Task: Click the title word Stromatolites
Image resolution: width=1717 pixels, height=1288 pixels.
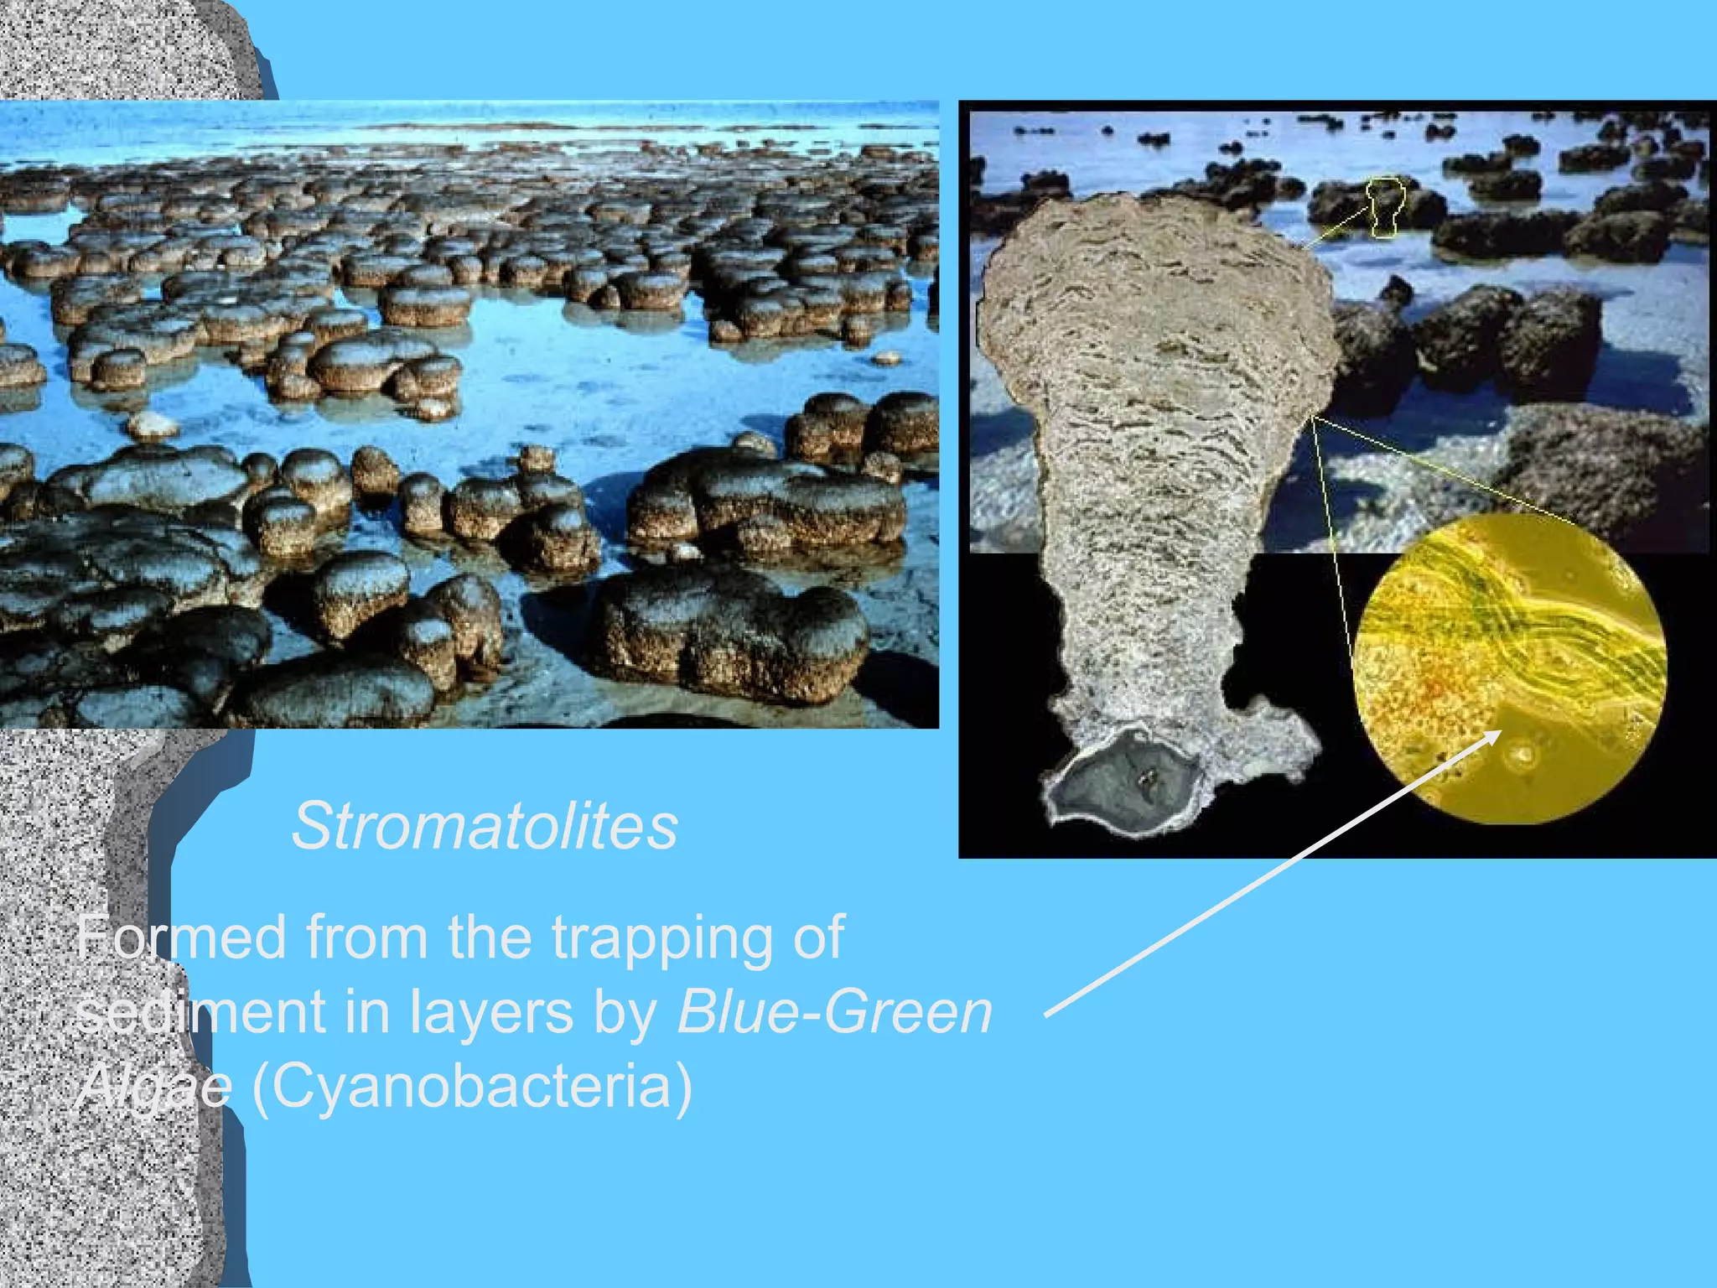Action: coord(485,827)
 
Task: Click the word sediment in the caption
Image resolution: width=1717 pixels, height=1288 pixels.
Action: coord(200,1011)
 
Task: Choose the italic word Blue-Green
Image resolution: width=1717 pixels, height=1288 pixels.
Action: coord(834,1011)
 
